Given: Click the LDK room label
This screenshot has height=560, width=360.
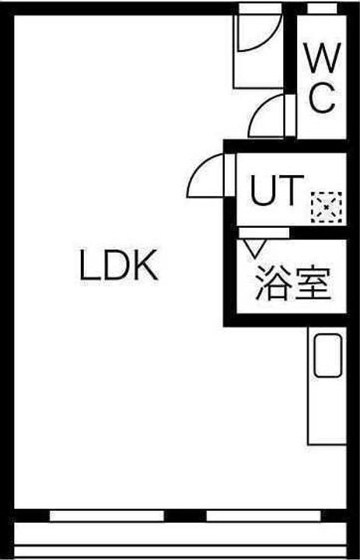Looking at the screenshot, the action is (118, 265).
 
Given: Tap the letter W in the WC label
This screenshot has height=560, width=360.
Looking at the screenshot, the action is (322, 58).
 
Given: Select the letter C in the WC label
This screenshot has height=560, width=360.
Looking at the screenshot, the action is (322, 98).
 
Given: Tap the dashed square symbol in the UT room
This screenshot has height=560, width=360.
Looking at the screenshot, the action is (327, 207).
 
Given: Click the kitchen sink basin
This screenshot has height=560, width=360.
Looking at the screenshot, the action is (328, 355).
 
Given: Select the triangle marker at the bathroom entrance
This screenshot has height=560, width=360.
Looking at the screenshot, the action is (254, 248).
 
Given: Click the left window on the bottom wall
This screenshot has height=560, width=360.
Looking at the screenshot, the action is (107, 516).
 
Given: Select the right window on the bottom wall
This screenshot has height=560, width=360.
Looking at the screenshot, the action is (264, 516).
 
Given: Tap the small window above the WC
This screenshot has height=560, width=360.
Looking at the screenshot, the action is (322, 9).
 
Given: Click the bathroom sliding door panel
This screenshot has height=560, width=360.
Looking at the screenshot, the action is (264, 233).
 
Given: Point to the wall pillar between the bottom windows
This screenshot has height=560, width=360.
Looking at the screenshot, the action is (185, 516).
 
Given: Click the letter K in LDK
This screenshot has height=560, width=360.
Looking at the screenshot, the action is (146, 265).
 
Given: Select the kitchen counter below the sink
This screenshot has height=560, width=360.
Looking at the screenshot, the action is (327, 411).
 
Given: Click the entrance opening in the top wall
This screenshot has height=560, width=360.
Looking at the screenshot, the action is (260, 9).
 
